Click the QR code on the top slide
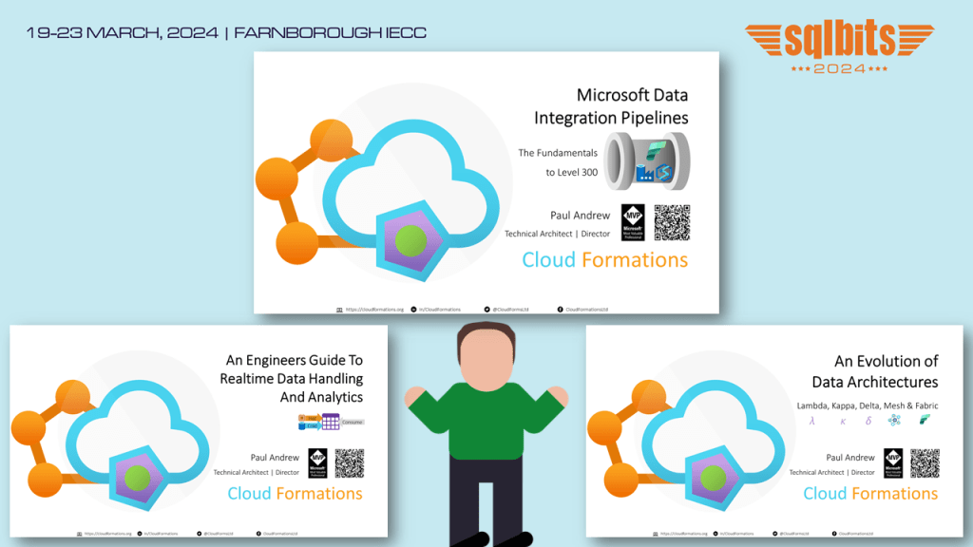coord(672,222)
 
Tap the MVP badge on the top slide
coord(634,222)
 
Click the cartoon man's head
coord(486,352)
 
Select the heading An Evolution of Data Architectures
coord(874,371)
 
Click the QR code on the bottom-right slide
coord(925,463)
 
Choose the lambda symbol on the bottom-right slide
coord(811,420)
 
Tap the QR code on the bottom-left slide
coord(350,463)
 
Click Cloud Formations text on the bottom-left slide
coord(295,494)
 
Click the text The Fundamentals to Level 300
coord(558,162)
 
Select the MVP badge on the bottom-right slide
coord(893,463)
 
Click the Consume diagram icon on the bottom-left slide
coord(331,422)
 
